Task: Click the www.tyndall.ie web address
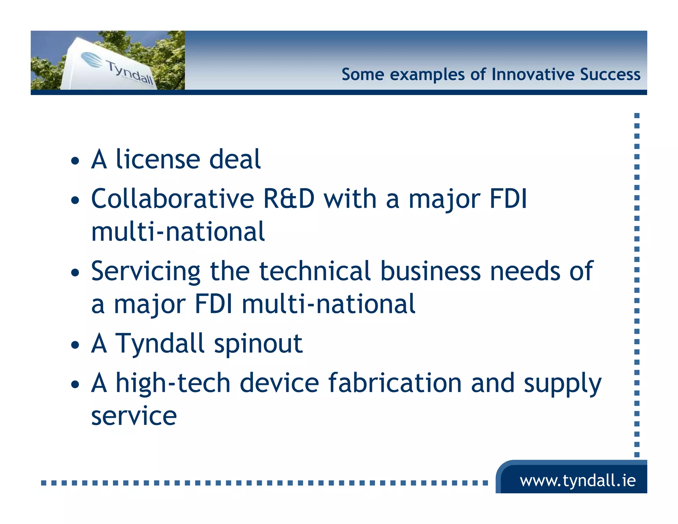point(578,481)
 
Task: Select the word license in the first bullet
point(158,159)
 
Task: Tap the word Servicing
point(146,272)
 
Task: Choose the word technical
point(315,272)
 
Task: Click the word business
point(430,272)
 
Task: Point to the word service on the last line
point(134,416)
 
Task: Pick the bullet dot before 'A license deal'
point(75,161)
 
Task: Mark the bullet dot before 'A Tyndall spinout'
point(75,345)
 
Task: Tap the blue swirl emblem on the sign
point(92,60)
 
